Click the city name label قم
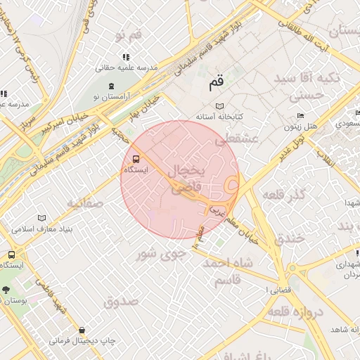(217, 84)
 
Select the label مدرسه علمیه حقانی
(125, 69)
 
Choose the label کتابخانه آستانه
(219, 115)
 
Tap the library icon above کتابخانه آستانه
(220, 105)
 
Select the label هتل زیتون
(302, 127)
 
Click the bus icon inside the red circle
(136, 158)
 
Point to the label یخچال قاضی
(187, 179)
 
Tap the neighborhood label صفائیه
(86, 203)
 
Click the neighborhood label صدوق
(120, 302)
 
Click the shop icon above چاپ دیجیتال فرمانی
(82, 330)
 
